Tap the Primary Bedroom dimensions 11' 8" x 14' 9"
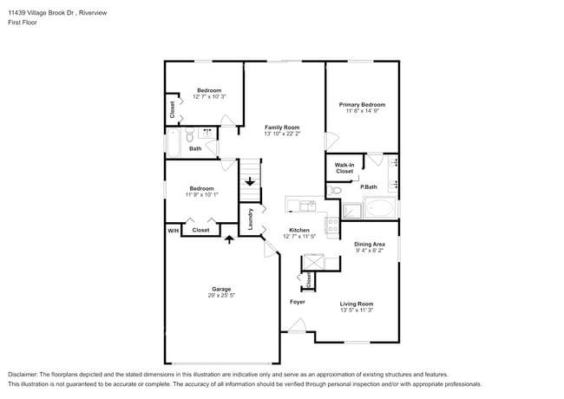[361, 111]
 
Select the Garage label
[222, 289]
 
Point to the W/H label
[173, 230]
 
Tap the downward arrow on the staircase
[250, 182]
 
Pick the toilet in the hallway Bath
[189, 135]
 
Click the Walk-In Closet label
[344, 168]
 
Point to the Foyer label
[298, 301]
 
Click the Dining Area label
[370, 245]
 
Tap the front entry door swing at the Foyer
[297, 327]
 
